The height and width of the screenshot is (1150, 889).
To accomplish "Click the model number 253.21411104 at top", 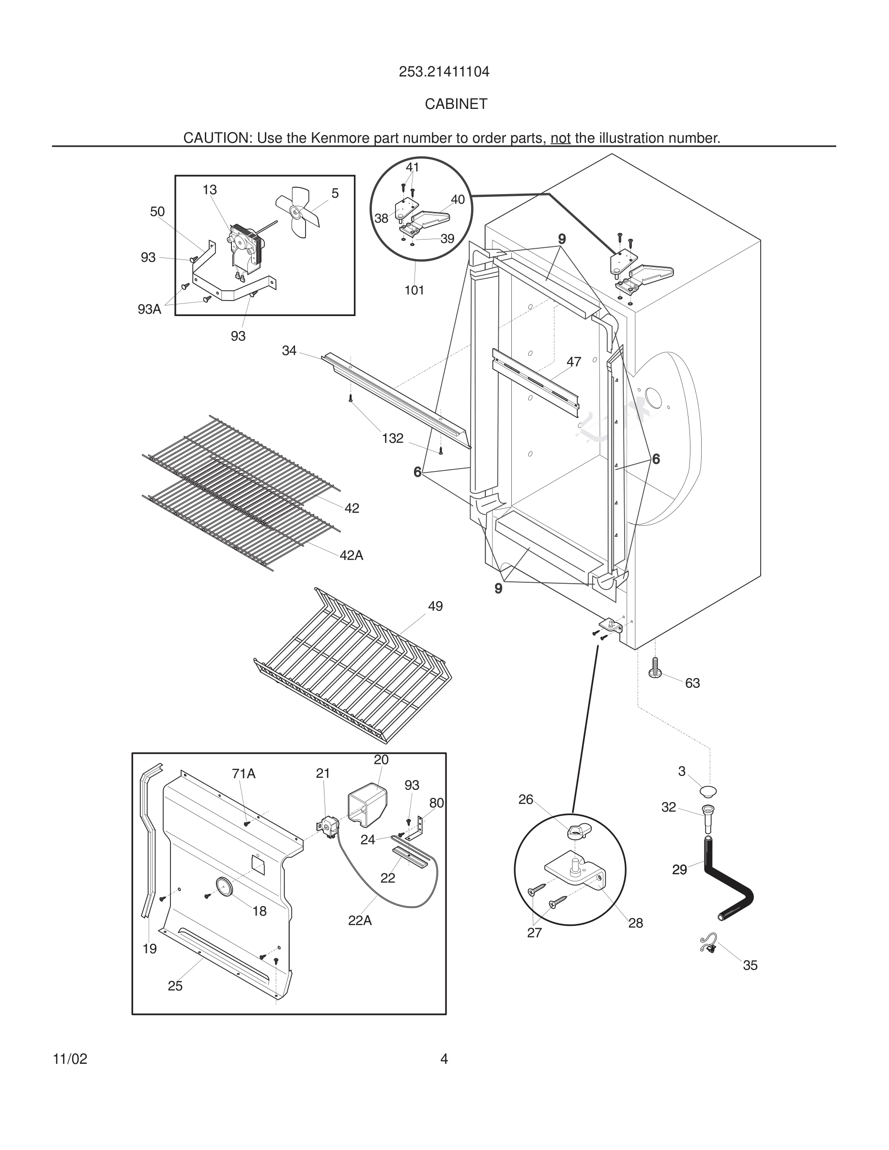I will click(x=444, y=72).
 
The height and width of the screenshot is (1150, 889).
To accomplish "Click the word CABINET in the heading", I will click(x=456, y=104).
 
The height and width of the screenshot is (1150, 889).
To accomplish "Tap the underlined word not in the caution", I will click(x=560, y=138).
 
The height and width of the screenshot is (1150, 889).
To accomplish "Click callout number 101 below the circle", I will click(x=414, y=290).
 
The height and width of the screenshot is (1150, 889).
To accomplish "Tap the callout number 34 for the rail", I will click(x=289, y=351).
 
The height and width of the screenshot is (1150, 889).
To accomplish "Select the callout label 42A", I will click(x=351, y=556).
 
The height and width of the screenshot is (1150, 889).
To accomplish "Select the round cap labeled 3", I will click(x=708, y=791).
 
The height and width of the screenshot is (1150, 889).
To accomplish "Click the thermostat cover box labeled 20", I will click(x=367, y=802).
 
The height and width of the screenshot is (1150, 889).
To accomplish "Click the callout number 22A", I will click(x=360, y=921).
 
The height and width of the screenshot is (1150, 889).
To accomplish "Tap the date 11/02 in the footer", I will click(x=70, y=1059).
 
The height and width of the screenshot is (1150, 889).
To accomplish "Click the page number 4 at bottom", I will click(x=444, y=1059).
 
